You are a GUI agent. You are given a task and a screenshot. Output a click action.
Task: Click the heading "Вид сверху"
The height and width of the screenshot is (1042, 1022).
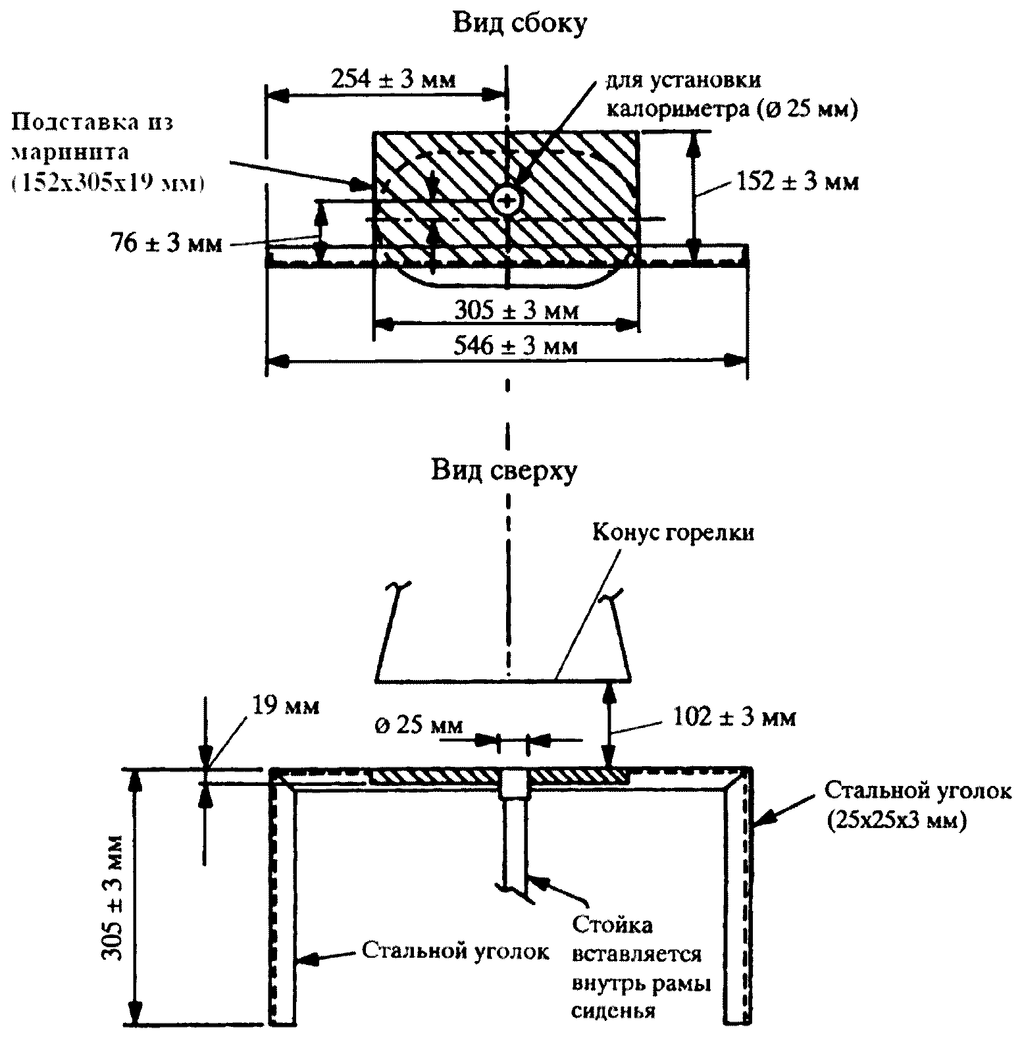tap(504, 471)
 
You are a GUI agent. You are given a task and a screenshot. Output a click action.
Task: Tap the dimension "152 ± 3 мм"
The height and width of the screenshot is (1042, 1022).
tap(797, 181)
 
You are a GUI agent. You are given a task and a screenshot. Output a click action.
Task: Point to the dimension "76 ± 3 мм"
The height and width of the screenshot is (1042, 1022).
tap(166, 244)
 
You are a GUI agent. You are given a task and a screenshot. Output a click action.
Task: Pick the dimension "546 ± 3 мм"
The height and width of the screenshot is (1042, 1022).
tap(516, 345)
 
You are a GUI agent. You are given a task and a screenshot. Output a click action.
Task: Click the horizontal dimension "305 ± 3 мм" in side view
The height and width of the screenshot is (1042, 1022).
tap(517, 310)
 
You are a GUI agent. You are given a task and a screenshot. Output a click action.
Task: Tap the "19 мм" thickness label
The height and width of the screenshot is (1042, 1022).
tap(284, 706)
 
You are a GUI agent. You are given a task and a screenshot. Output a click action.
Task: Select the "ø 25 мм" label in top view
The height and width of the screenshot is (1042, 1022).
tap(419, 726)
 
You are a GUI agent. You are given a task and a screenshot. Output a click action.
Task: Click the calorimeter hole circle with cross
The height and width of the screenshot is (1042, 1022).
tap(507, 200)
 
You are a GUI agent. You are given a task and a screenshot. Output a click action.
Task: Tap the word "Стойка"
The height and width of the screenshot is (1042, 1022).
tap(611, 924)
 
